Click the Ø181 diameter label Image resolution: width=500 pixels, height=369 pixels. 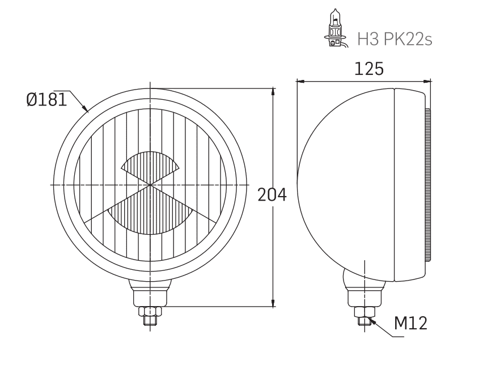point(46,100)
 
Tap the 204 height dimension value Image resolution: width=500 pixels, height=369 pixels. point(272,195)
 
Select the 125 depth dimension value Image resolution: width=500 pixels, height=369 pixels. point(368,69)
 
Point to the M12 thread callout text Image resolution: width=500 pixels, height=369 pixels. point(410,324)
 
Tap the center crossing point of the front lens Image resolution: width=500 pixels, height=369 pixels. point(150,185)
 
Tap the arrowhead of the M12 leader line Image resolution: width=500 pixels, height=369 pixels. point(372,322)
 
